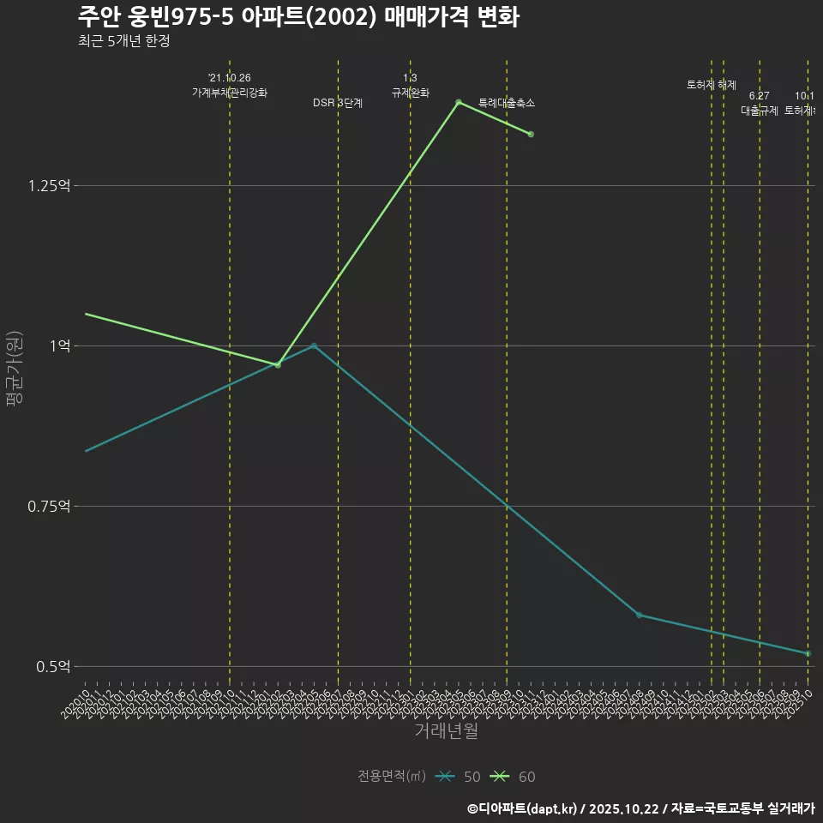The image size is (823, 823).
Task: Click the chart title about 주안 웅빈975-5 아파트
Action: click(x=297, y=17)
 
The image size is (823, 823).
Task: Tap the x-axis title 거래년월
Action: click(x=446, y=731)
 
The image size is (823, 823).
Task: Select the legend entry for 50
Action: click(x=459, y=777)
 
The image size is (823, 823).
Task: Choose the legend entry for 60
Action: click(x=514, y=777)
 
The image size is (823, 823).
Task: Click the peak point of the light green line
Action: click(x=459, y=102)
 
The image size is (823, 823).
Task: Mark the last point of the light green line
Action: click(x=531, y=135)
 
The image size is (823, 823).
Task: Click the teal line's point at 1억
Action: click(x=314, y=345)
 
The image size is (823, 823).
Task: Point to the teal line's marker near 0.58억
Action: click(x=639, y=615)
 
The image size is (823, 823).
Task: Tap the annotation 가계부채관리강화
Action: click(x=230, y=93)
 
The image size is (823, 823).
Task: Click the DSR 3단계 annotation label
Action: click(x=338, y=103)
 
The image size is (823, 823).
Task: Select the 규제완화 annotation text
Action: click(x=410, y=93)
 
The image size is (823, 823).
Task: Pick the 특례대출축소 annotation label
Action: click(x=507, y=103)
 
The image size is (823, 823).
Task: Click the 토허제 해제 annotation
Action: click(x=712, y=85)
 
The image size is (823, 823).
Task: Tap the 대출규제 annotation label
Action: click(x=759, y=111)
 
